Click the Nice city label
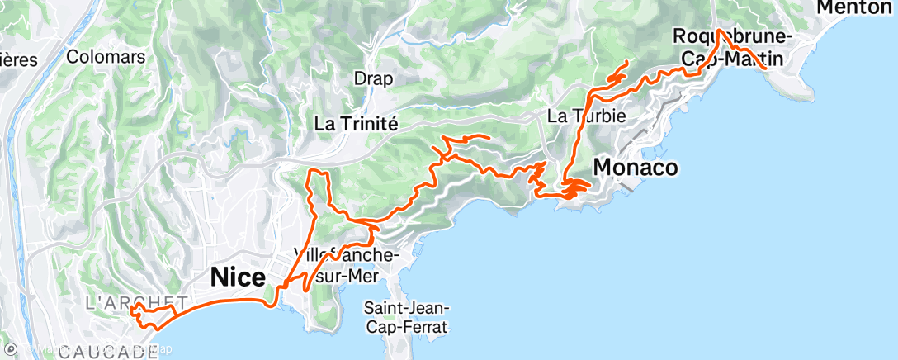coord(239,277)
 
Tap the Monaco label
coord(636,168)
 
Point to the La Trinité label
coord(357,124)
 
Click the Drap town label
coord(373,78)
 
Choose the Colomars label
coord(106,57)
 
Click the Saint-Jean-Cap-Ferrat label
coord(405,317)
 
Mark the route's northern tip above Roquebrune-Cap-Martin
coord(719,31)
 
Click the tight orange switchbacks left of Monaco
coord(574,190)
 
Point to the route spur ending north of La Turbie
coord(627,62)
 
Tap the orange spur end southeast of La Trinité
coord(489,136)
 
